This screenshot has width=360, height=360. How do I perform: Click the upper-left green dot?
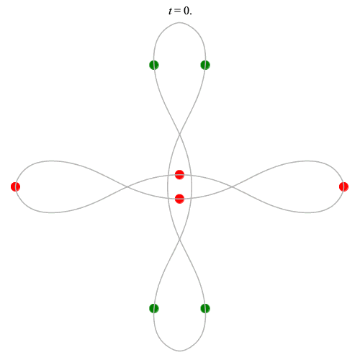coord(154,65)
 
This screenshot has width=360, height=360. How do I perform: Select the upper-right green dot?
coord(205,65)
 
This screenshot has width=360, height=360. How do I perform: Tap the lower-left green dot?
coord(154,308)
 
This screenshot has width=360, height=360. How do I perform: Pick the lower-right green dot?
coord(205,308)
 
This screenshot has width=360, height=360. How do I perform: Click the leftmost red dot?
coord(15,186)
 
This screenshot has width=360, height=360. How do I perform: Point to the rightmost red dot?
coord(343,186)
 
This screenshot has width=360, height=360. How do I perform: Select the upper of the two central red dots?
coord(179,174)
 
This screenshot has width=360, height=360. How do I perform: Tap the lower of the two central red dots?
coord(179,199)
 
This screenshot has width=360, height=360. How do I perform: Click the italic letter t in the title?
coord(171,11)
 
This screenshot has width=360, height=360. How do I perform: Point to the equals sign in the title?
coord(178,11)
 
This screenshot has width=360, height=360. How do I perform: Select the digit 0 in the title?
coord(186,11)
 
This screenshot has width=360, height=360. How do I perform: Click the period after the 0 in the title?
coord(191,14)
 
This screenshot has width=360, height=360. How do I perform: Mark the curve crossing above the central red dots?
coord(179,134)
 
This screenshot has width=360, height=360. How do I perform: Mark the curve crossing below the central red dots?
coord(179,239)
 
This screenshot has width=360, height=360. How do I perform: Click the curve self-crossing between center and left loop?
coord(127,186)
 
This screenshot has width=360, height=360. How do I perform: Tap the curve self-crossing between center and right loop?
coord(232,186)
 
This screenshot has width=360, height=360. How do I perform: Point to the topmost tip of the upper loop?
coord(179,23)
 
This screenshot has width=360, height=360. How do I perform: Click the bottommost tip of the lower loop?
coord(179,351)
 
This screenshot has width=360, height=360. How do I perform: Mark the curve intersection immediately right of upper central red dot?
coord(191,176)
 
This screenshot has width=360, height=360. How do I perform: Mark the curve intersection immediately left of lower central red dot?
coord(168,198)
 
